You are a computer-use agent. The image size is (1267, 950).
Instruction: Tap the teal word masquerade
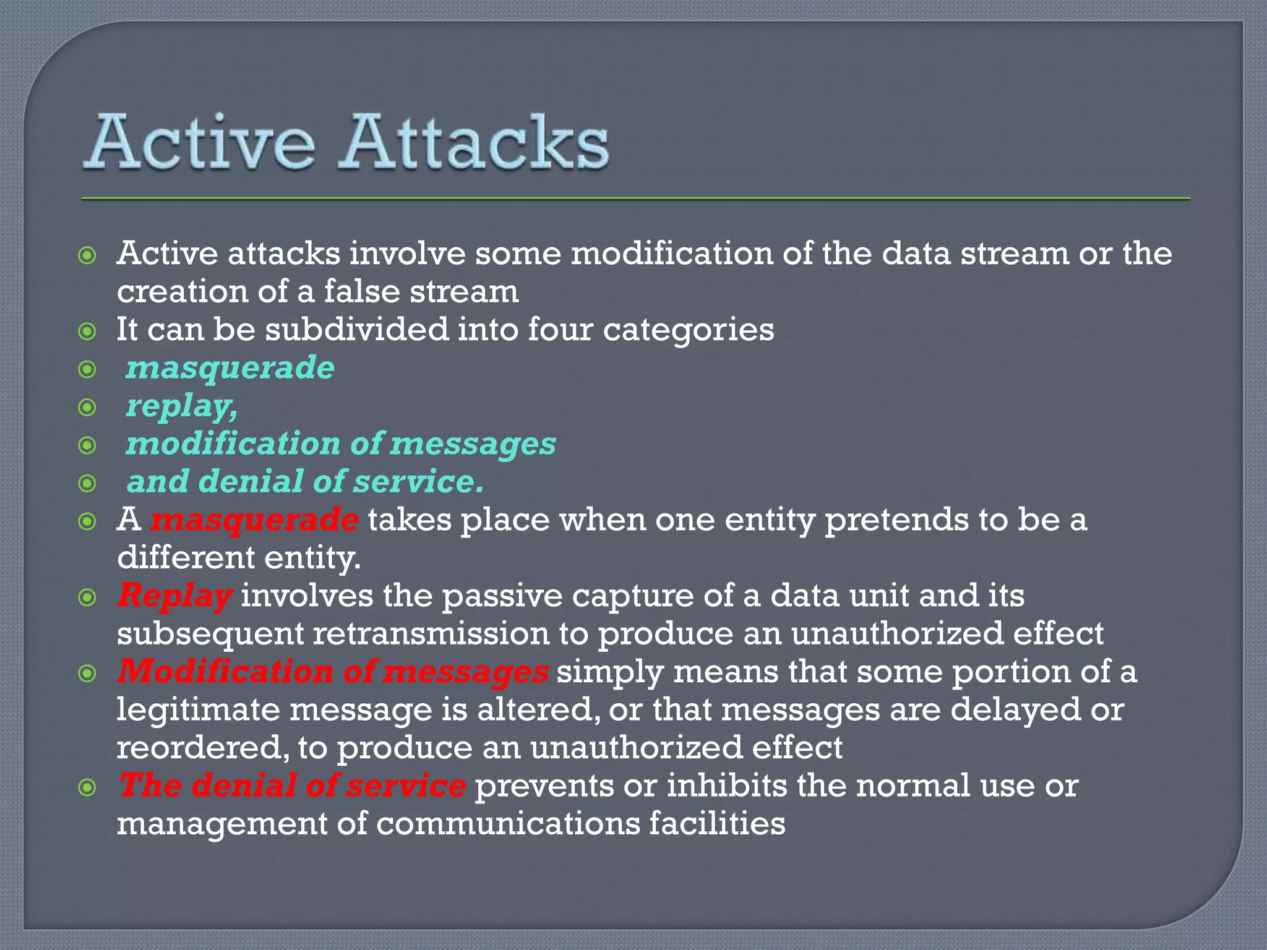(x=230, y=368)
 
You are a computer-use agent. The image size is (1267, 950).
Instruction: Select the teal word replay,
(x=182, y=406)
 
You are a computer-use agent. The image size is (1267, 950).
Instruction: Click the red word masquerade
(x=254, y=520)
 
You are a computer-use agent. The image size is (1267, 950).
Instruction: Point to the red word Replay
(x=175, y=596)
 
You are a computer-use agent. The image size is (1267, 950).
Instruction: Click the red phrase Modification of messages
(x=333, y=672)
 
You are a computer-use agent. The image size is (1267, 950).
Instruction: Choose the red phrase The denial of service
(x=292, y=785)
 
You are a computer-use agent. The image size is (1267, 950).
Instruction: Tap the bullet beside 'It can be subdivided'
(x=88, y=332)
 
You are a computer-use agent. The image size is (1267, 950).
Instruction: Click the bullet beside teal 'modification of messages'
(x=88, y=445)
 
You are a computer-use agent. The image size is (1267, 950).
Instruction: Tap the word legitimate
(x=199, y=710)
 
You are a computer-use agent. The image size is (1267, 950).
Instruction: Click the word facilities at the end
(x=717, y=824)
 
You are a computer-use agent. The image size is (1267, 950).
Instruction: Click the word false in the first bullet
(x=362, y=291)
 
